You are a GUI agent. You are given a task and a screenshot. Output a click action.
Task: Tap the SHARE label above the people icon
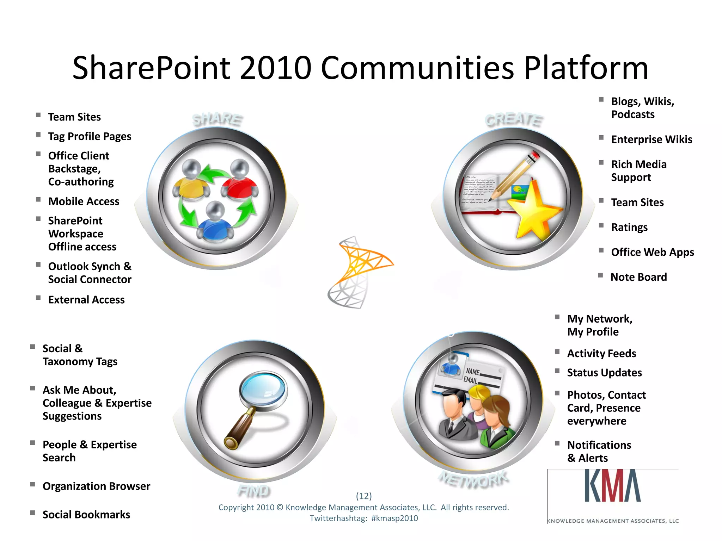pyautogui.click(x=217, y=119)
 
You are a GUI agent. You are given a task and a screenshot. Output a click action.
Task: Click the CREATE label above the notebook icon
pyautogui.click(x=514, y=120)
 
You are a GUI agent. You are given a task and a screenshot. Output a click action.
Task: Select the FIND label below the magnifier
pyautogui.click(x=254, y=491)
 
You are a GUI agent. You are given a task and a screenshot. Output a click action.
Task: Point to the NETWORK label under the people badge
pyautogui.click(x=473, y=479)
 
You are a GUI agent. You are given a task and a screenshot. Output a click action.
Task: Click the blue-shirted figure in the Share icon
pyautogui.click(x=215, y=222)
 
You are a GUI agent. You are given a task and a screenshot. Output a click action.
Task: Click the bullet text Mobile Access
pyautogui.click(x=84, y=201)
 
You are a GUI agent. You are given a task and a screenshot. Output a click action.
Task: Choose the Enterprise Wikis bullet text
pyautogui.click(x=651, y=139)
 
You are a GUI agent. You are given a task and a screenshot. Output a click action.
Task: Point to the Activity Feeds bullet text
pyautogui.click(x=601, y=353)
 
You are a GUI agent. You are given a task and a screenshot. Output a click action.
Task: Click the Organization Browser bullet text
pyautogui.click(x=96, y=486)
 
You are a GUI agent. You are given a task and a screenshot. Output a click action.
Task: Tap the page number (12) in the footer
pyautogui.click(x=364, y=496)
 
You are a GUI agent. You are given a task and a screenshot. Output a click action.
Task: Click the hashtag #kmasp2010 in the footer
pyautogui.click(x=394, y=518)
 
